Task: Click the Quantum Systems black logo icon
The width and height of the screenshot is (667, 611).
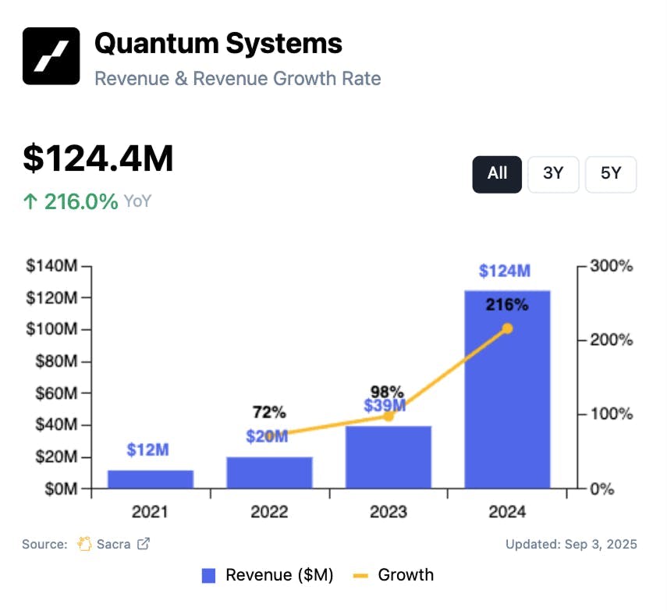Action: [51, 56]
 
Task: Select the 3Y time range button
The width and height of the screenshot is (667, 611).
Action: [553, 174]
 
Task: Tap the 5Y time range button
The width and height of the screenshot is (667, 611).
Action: [611, 174]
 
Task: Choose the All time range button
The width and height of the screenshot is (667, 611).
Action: [497, 174]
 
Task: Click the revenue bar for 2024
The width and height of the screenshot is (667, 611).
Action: [507, 390]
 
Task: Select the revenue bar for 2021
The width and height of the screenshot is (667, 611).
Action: [151, 479]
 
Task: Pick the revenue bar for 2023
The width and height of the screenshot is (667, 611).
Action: [388, 457]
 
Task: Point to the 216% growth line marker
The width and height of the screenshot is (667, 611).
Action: [507, 329]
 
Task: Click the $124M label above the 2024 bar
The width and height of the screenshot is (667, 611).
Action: [505, 271]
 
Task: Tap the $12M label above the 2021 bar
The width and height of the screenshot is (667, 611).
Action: [148, 450]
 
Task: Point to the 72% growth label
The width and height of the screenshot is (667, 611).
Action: [269, 412]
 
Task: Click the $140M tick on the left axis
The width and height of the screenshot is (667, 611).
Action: [51, 267]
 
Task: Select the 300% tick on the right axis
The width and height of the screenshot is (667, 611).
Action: [610, 267]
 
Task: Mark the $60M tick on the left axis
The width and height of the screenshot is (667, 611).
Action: [55, 394]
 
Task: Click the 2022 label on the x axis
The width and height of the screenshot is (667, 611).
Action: [269, 513]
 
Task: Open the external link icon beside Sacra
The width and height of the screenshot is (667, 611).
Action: [144, 544]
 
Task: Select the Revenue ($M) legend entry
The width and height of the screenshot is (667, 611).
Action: [268, 576]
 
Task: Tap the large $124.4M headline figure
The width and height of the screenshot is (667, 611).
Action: [98, 158]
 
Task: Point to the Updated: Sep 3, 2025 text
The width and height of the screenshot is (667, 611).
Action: [571, 544]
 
